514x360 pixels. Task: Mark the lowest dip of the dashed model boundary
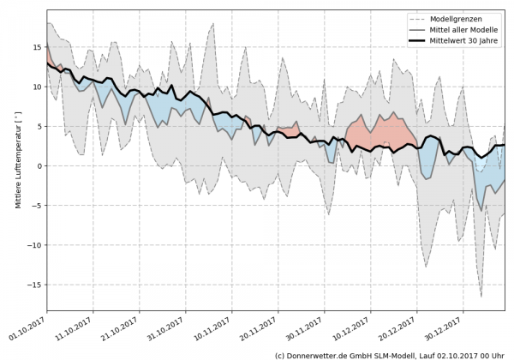481,297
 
